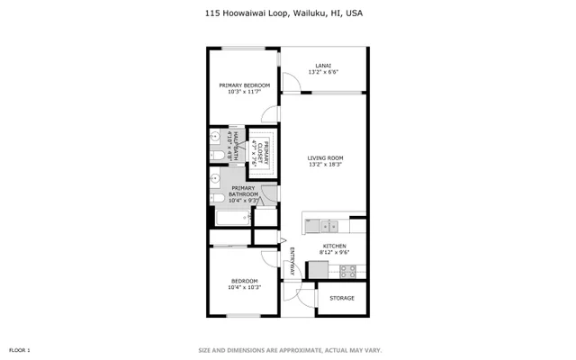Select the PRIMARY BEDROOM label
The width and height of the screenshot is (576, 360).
(x=244, y=86)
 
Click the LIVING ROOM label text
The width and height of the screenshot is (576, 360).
(x=324, y=159)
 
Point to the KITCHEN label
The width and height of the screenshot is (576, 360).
(x=334, y=246)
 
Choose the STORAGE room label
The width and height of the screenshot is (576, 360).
(x=341, y=298)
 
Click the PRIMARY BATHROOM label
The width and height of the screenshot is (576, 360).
(x=244, y=191)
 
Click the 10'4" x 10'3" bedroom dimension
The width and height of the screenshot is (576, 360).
(x=244, y=287)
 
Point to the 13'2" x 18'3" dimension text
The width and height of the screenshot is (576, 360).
(x=324, y=165)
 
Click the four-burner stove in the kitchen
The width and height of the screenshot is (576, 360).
(x=347, y=269)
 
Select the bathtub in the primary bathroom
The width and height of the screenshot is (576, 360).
(x=231, y=218)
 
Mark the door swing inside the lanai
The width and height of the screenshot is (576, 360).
(x=292, y=83)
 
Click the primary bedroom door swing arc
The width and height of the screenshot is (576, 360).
(x=267, y=114)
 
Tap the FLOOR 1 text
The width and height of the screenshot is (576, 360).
(x=20, y=349)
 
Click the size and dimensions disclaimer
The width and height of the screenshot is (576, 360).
(x=289, y=349)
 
